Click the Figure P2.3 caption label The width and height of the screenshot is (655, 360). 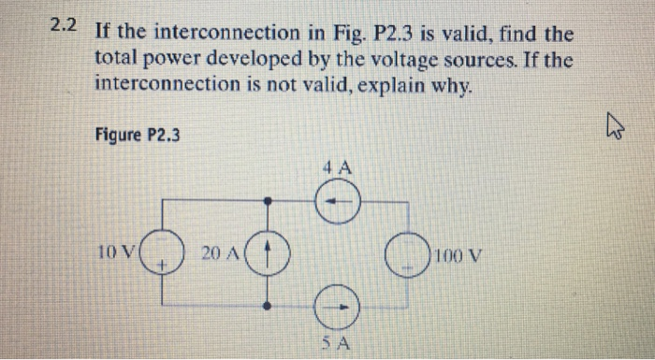coord(138,135)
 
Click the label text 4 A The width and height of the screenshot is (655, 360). coord(336,169)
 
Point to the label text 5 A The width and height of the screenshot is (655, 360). coord(338,342)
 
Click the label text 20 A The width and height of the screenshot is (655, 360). coord(222,252)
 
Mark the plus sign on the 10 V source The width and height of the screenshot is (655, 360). coord(162,266)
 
